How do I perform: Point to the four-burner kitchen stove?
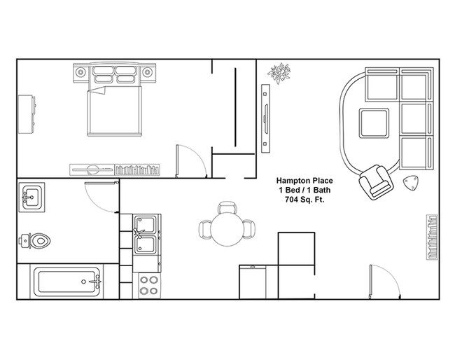pyautogui.click(x=149, y=286)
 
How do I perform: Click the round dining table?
pyautogui.click(x=227, y=229)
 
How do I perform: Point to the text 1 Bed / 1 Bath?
pyautogui.click(x=302, y=189)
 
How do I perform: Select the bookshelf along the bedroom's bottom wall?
pyautogui.click(x=115, y=169)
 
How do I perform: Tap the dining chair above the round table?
pyautogui.click(x=227, y=207)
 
